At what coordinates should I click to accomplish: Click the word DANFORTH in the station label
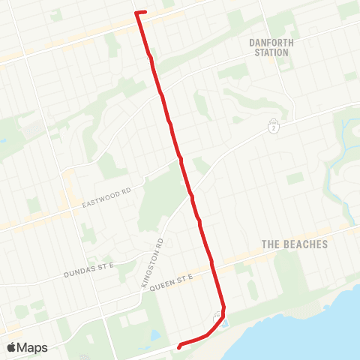[x=271, y=43]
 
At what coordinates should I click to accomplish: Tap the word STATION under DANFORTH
[x=271, y=52]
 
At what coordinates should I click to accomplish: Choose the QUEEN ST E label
[x=172, y=283]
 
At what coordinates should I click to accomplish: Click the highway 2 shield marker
[x=274, y=127]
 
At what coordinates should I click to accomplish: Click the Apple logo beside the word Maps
[x=12, y=347]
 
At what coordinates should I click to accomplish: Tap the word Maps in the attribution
[x=33, y=347]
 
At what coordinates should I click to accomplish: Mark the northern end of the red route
[x=136, y=12]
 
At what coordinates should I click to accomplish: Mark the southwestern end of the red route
[x=178, y=346]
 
